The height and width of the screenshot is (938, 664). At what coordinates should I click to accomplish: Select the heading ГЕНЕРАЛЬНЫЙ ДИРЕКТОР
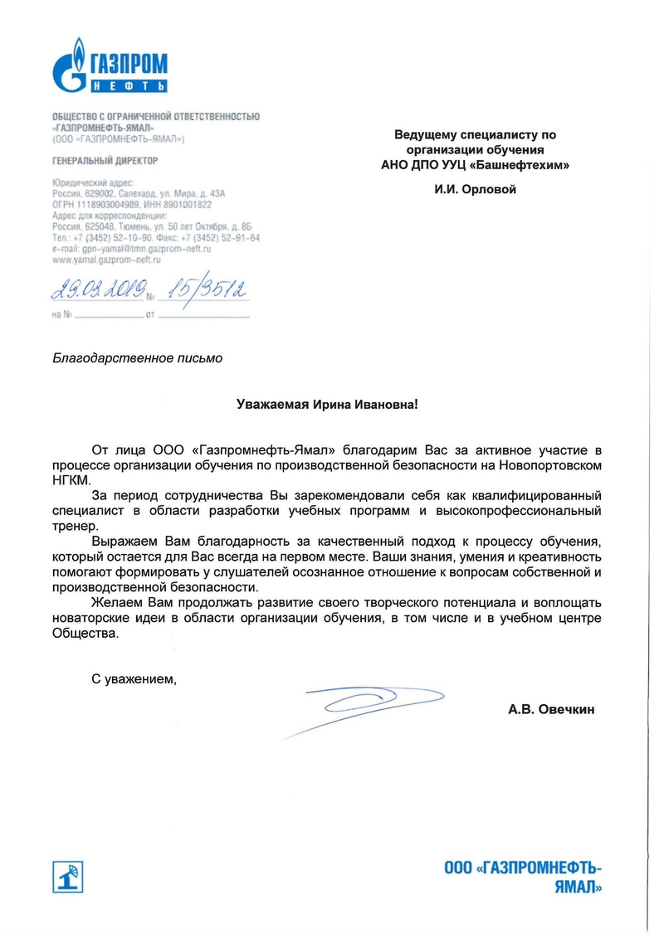coord(105,160)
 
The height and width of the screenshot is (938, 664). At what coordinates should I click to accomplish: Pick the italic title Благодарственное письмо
coord(138,359)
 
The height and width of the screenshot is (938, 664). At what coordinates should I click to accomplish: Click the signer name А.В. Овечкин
coord(552,710)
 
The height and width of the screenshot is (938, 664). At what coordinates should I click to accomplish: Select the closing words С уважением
coord(134,680)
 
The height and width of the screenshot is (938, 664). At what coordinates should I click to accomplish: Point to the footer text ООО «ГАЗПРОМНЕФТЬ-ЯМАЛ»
coord(522,877)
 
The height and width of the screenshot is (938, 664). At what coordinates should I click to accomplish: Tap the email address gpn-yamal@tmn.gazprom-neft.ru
coord(132,249)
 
